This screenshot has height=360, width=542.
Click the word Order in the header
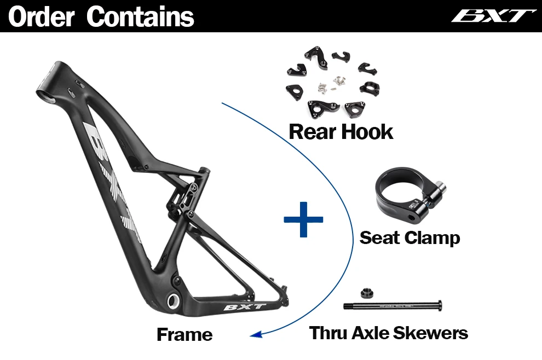click(41, 16)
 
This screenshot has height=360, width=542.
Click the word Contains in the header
click(140, 16)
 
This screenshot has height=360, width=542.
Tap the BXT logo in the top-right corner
click(493, 16)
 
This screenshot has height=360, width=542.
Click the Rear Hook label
click(341, 132)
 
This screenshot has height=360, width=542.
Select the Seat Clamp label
click(410, 238)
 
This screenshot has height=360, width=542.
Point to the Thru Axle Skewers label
click(389, 333)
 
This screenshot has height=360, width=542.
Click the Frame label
click(184, 334)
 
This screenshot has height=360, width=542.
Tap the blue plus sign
click(303, 219)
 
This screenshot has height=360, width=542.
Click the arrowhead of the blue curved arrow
click(253, 335)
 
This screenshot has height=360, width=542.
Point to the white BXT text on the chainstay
click(245, 307)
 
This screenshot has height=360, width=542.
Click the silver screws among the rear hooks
click(332, 83)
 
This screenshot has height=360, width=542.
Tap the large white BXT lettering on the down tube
click(109, 175)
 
